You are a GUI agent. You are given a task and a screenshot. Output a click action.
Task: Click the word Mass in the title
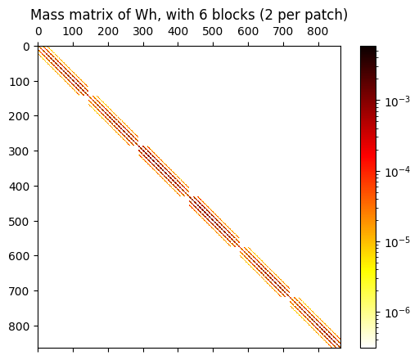coord(48,15)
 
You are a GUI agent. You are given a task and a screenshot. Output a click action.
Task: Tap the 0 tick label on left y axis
coord(27,47)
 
